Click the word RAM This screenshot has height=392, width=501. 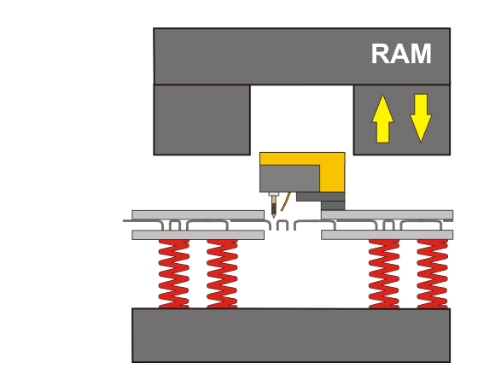[x=401, y=54]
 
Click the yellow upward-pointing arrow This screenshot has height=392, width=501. [x=382, y=119]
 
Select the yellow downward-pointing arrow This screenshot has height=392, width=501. [x=421, y=118]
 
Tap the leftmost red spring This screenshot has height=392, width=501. [x=174, y=273]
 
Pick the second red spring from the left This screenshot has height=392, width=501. [x=222, y=273]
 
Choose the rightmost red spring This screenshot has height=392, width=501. [x=433, y=273]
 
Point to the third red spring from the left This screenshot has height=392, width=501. [x=384, y=273]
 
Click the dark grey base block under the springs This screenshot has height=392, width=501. [x=291, y=336]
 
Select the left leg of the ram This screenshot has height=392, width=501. [x=202, y=120]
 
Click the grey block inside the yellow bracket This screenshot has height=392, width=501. [x=289, y=178]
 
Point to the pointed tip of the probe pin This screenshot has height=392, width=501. [x=273, y=217]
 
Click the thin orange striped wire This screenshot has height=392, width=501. [x=286, y=202]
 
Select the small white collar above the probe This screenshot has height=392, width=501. [x=273, y=194]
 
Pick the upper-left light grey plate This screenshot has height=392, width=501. [x=198, y=215]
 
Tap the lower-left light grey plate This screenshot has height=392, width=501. [x=198, y=235]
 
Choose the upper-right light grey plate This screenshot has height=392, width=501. [x=387, y=215]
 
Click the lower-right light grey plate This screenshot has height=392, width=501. [x=387, y=235]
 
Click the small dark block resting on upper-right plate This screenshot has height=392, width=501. [x=333, y=206]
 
